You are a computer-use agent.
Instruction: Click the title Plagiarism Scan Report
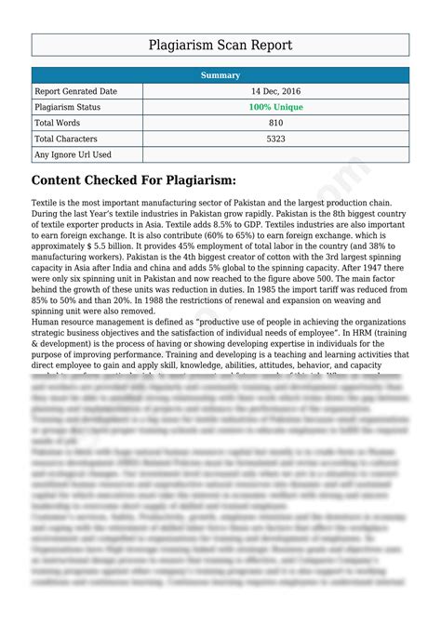(220, 45)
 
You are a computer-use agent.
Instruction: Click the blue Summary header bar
(220, 75)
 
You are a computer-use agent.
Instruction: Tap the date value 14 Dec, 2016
(275, 92)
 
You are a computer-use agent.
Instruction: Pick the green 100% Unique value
(275, 108)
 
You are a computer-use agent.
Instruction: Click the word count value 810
(275, 123)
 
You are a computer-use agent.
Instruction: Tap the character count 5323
(275, 139)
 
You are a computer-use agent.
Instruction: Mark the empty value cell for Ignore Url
(275, 154)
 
